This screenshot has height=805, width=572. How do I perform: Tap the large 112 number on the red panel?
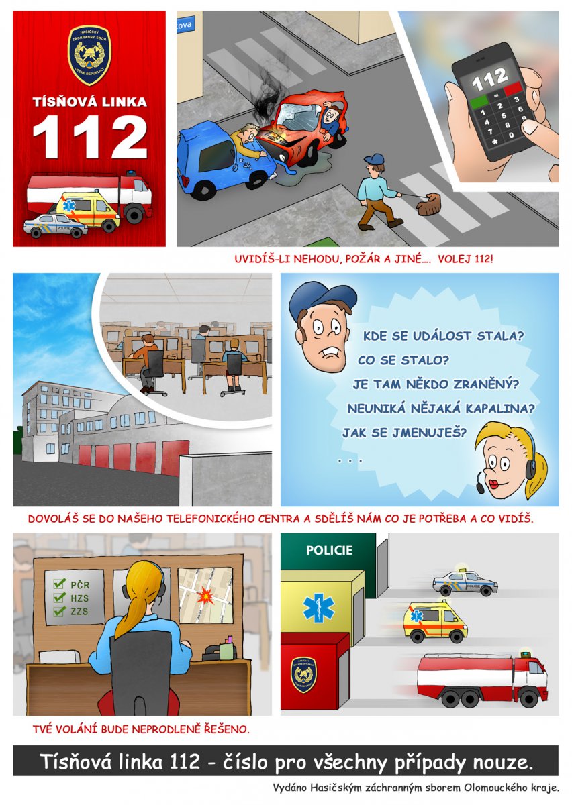(x=89, y=137)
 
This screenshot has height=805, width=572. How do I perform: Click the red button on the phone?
(x=514, y=89)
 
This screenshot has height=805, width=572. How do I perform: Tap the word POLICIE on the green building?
(x=329, y=550)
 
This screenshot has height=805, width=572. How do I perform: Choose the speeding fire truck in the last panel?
(x=481, y=680)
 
